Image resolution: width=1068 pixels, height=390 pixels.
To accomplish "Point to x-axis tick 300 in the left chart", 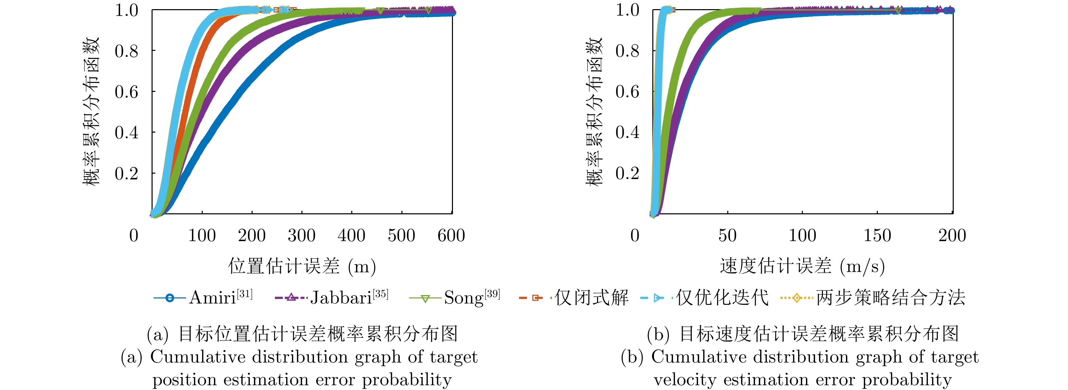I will (x=301, y=236).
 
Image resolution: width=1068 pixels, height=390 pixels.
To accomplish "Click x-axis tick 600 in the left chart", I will (x=451, y=236).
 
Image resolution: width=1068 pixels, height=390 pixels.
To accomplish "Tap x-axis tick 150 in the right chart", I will (x=877, y=236).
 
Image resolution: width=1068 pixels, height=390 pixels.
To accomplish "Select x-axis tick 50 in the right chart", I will (x=727, y=236).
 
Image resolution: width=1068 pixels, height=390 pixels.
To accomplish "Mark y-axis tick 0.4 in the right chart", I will (x=627, y=132).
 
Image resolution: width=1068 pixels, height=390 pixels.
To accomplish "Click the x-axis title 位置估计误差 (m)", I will (x=302, y=266).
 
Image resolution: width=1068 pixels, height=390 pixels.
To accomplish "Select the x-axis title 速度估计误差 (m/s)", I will (x=802, y=266).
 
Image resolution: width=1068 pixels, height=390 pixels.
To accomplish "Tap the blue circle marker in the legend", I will (x=170, y=298).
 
